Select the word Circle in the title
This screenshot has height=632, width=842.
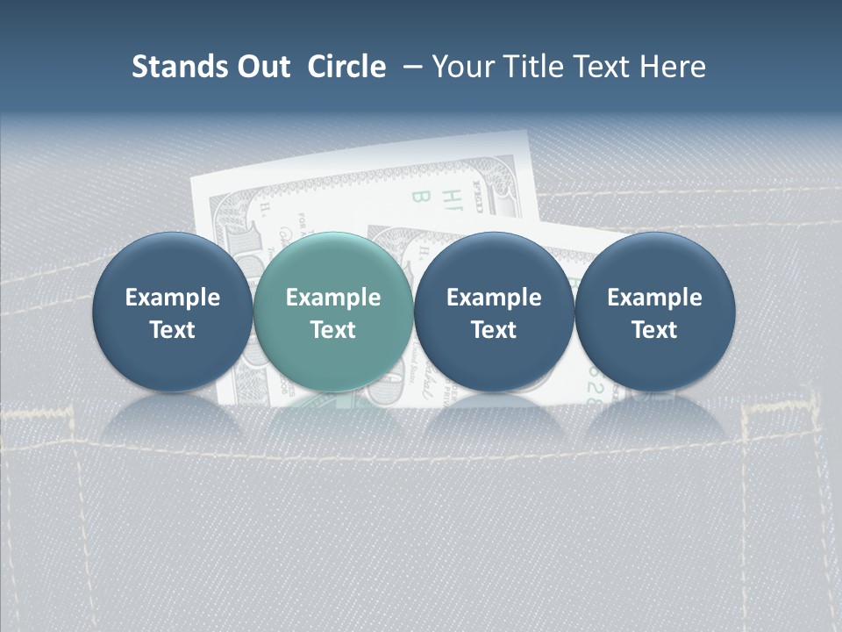[346, 67]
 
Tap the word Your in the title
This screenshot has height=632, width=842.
[463, 67]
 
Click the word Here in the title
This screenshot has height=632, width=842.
[674, 67]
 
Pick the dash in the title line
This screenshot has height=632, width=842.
[410, 67]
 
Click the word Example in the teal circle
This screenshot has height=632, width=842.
[332, 298]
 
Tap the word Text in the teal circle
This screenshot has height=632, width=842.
[332, 330]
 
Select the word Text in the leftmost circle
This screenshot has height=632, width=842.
[172, 330]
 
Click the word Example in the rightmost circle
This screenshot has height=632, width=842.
[654, 298]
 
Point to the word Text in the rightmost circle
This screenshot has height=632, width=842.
[654, 330]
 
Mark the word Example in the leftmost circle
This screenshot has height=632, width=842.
[172, 298]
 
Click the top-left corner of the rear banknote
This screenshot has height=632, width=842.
[193, 178]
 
